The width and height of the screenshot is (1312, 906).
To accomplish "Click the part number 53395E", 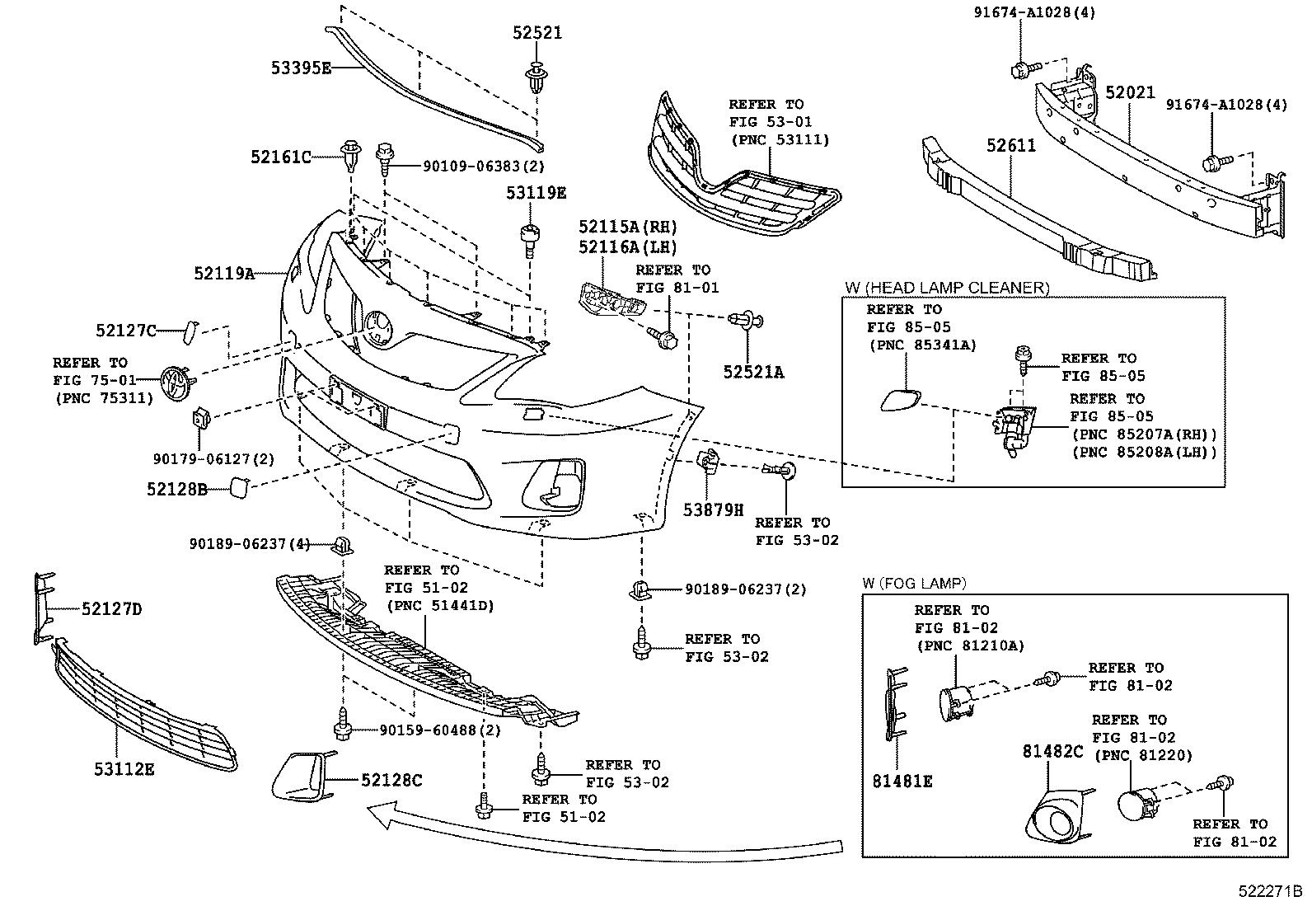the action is tap(301, 68).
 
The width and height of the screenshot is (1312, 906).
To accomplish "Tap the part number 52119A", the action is tap(224, 273).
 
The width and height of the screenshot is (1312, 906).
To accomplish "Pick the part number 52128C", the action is tap(391, 780).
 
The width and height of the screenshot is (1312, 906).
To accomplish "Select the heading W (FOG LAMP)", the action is tap(914, 583).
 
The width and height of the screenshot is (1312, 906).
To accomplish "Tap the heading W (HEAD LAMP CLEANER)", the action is tap(947, 288).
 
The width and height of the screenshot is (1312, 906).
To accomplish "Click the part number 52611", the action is tap(1011, 145).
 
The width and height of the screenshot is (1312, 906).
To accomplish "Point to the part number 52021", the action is tap(1131, 92).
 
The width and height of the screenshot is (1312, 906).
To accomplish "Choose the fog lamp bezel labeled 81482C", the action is tap(1058, 817).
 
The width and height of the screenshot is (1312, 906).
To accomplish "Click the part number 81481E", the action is tap(902, 782).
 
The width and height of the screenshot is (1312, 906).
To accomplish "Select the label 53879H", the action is tap(714, 510).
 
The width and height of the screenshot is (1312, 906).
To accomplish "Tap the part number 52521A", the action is tap(753, 372).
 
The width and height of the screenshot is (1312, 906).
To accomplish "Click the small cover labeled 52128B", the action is tap(239, 487).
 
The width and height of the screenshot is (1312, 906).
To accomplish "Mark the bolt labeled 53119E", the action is tap(529, 241).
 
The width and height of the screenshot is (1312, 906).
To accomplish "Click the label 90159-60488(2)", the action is tap(440, 730).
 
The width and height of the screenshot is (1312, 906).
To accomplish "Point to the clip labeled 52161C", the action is tap(350, 154).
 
